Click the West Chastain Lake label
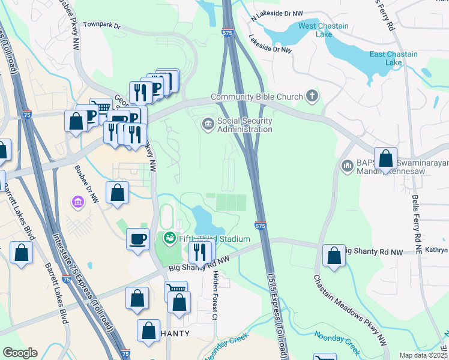pyautogui.click(x=316, y=30)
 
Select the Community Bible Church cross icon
pyautogui.click(x=312, y=95)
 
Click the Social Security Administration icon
pyautogui.click(x=208, y=124)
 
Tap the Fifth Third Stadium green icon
pyautogui.click(x=169, y=238)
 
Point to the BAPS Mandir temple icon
pyautogui.click(x=347, y=165)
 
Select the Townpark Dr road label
pyautogui.click(x=102, y=26)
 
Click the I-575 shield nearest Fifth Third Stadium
pyautogui.click(x=259, y=226)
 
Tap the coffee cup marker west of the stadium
pyautogui.click(x=138, y=238)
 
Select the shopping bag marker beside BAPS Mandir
pyautogui.click(x=386, y=158)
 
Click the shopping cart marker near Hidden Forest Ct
pyautogui.click(x=176, y=291)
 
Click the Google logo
pyautogui.click(x=20, y=353)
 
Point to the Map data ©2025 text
pyautogui.click(x=423, y=355)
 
